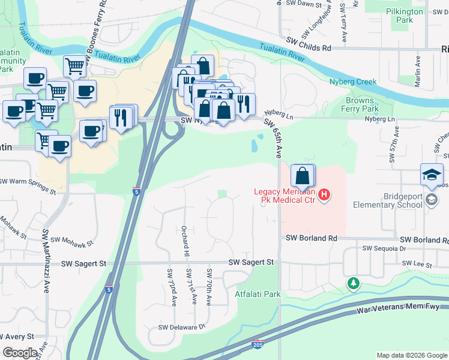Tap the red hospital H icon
[324, 195]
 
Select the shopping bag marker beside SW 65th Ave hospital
[303, 176]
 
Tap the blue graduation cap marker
[432, 175]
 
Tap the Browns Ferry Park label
[362, 105]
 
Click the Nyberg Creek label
[352, 82]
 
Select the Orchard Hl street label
[185, 238]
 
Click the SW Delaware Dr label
[181, 327]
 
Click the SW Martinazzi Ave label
[45, 260]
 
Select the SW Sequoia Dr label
[384, 248]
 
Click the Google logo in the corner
[20, 353]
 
